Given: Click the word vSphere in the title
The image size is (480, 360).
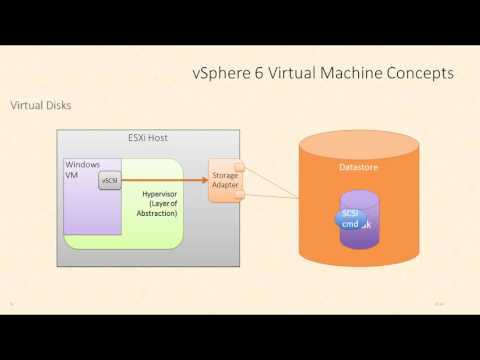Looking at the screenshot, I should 218,73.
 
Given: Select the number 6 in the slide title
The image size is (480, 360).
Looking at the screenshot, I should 256,73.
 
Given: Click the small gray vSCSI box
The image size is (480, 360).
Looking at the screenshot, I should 110,181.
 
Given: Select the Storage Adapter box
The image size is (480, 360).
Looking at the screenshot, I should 224,182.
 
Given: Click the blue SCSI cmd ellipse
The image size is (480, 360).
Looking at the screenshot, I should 350,217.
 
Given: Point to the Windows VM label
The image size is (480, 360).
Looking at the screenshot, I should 76,169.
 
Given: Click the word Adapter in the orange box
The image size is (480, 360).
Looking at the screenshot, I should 224,187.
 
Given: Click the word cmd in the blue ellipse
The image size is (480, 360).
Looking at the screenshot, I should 350,224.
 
